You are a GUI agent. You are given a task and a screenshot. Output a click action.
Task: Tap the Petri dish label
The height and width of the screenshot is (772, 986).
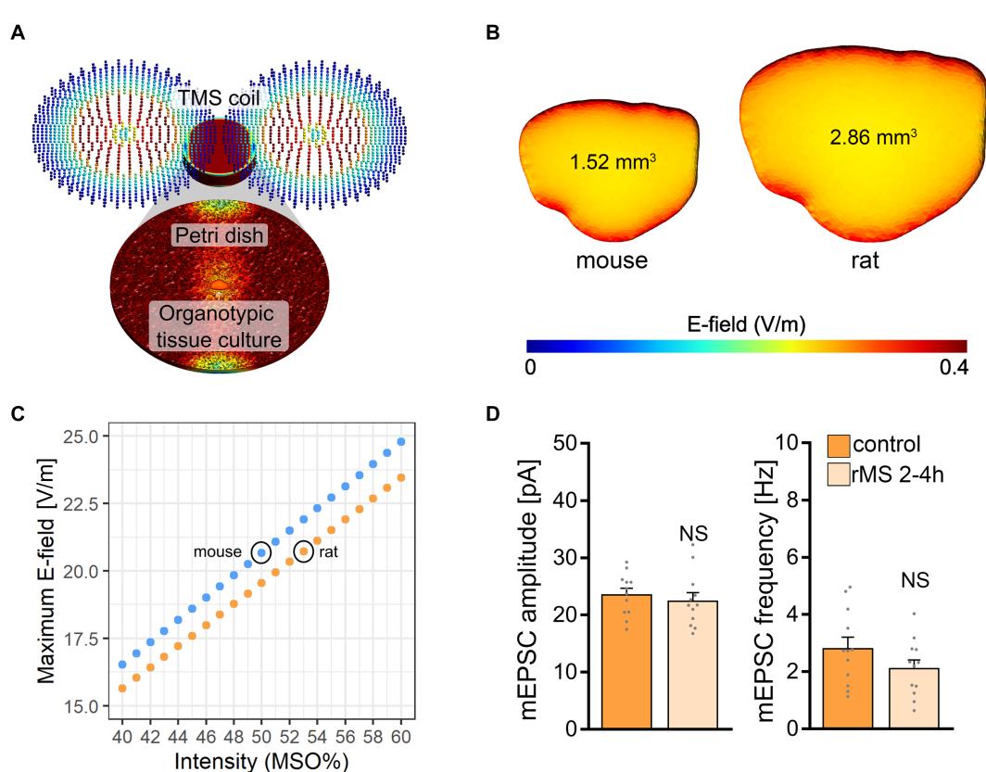pyautogui.click(x=219, y=236)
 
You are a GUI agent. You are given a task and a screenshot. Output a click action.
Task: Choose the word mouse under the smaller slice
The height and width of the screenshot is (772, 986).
pyautogui.click(x=612, y=260)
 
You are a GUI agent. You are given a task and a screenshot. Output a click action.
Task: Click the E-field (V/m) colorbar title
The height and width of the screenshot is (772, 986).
pyautogui.click(x=746, y=325)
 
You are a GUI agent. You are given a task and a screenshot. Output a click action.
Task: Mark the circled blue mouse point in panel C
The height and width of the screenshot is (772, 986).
pyautogui.click(x=261, y=552)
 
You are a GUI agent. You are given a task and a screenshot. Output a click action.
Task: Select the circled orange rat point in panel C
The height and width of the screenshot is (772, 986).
pyautogui.click(x=303, y=552)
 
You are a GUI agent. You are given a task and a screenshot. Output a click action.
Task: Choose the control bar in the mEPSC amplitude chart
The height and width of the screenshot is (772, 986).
pyautogui.click(x=626, y=662)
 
